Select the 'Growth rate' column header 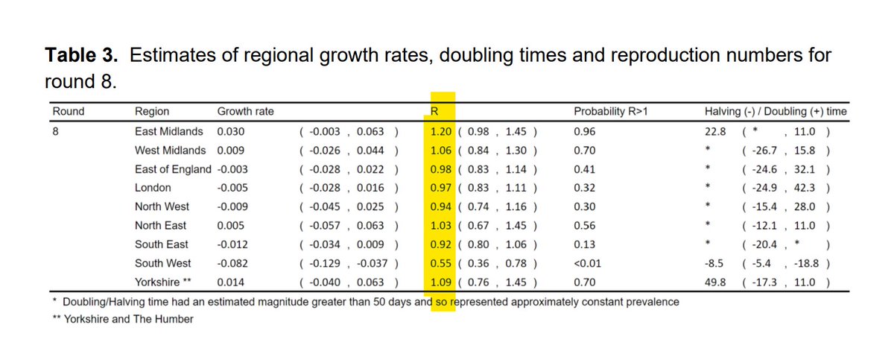245,112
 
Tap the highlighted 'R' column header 434,112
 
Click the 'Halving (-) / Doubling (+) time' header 776,112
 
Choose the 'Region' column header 152,112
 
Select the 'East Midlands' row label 170,131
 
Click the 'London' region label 153,188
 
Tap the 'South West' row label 162,263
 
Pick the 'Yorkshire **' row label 165,282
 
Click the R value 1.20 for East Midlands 441,131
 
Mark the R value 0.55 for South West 441,263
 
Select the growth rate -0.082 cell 231,263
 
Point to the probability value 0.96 585,131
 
